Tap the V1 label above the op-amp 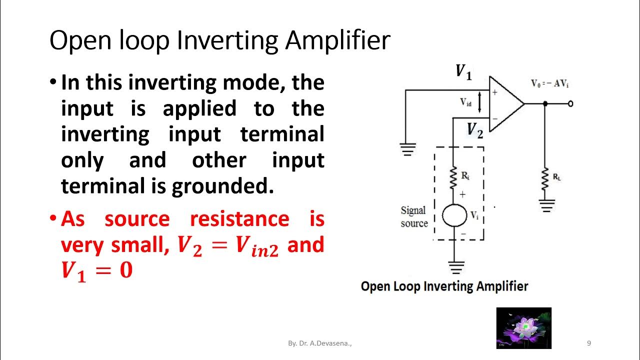coord(463,72)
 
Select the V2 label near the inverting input coord(475,130)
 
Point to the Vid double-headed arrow coord(480,102)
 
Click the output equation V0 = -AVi coord(550,84)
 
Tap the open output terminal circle coord(570,104)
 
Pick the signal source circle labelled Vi coord(454,215)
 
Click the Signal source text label coord(413,217)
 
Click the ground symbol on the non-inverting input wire coord(407,148)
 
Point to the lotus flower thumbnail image coord(523,328)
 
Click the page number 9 coord(588,343)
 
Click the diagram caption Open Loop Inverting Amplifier coord(444,286)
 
